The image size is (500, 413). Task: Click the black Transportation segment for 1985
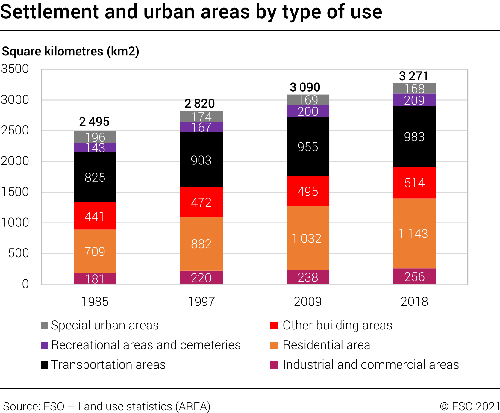(x=95, y=177)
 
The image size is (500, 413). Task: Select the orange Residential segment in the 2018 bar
(x=414, y=233)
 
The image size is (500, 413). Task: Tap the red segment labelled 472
(x=201, y=202)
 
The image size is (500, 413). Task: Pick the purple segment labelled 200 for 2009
(x=308, y=111)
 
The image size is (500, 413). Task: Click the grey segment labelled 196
(x=95, y=137)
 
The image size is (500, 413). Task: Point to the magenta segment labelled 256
(x=414, y=276)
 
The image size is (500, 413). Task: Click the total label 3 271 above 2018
(x=413, y=76)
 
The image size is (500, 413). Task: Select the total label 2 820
(x=199, y=104)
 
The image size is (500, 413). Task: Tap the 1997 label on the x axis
(x=201, y=301)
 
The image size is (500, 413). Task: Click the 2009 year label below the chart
(x=308, y=301)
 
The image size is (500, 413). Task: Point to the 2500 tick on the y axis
(x=15, y=131)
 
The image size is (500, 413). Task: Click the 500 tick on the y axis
(x=19, y=253)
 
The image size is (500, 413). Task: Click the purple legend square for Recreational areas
(x=44, y=345)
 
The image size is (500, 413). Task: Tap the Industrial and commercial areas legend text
(x=370, y=365)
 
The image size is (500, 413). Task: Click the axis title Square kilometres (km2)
(x=70, y=51)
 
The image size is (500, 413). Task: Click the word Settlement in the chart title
(x=49, y=12)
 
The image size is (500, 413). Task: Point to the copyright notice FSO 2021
(x=470, y=406)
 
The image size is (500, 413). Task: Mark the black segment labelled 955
(x=308, y=147)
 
